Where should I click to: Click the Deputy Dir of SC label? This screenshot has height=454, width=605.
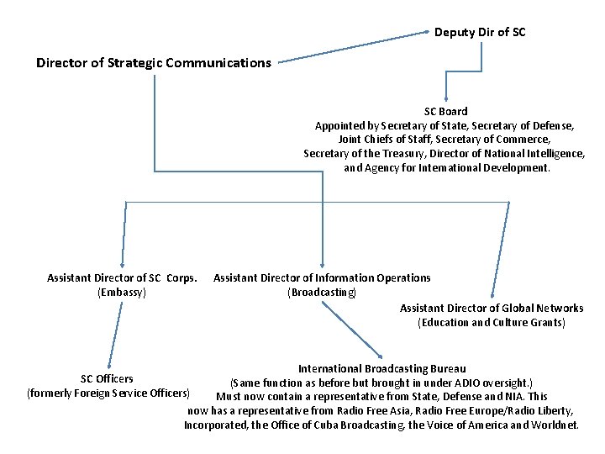tap(481, 33)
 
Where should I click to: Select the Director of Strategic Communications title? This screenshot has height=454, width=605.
tap(154, 63)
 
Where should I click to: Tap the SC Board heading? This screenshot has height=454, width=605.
tap(445, 111)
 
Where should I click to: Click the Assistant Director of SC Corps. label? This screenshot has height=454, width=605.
tap(123, 277)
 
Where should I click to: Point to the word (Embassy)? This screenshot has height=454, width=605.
tap(122, 293)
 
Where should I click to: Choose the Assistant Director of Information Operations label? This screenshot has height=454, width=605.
tap(322, 277)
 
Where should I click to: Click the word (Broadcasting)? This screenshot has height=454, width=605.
tap(322, 293)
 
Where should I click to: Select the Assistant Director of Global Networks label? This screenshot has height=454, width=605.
tap(492, 308)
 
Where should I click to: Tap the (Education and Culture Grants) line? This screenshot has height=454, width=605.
tap(492, 323)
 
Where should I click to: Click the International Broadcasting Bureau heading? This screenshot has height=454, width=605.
tap(382, 368)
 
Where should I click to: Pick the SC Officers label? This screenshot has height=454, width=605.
tap(107, 378)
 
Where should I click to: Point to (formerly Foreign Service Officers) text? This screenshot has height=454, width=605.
tap(110, 393)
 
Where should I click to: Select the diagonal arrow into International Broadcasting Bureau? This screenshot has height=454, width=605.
tap(352, 330)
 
